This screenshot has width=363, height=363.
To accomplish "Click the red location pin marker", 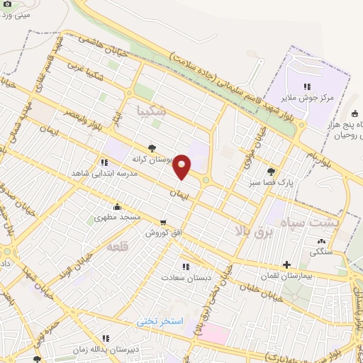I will tap(182, 167).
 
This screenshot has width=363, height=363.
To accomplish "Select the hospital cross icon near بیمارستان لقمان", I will tap(286, 265).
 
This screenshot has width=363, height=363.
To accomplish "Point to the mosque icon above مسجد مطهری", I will tap(106, 208).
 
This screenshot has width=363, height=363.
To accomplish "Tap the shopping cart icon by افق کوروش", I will tap(164, 223).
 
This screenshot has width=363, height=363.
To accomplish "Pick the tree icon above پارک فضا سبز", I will tap(271, 171).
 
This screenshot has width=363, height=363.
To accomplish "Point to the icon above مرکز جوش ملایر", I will tap(307, 86).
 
